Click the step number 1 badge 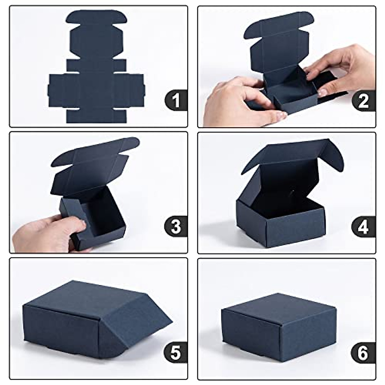[176, 100]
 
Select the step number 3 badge [176, 227]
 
